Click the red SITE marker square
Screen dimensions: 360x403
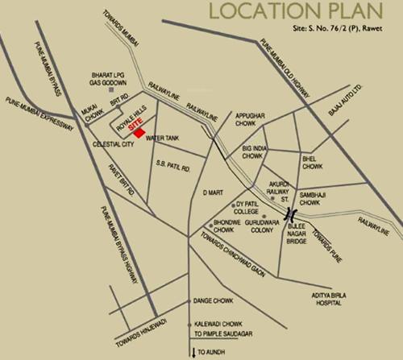141,131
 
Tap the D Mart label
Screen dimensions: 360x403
213,192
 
